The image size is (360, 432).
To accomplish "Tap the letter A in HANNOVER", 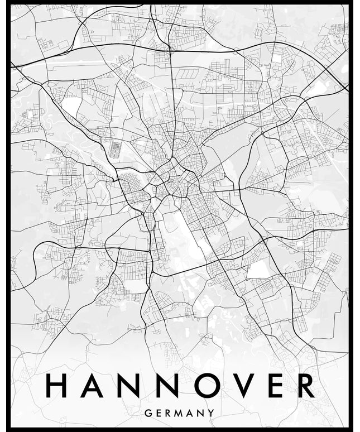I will point(92,385).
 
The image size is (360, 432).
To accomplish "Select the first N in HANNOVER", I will point(129,385).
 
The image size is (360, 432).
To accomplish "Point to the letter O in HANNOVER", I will point(206,385).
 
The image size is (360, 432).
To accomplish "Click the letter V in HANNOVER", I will point(243,385).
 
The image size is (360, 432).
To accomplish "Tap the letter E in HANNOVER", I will point(275,385).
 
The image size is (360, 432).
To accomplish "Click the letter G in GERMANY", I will point(147,413).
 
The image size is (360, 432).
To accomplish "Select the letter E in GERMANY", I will point(157,413).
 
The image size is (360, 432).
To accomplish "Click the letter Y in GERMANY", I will point(211,413).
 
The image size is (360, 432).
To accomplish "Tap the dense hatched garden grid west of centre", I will point(116,148).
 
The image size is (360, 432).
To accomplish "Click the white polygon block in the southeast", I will point(258,268).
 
